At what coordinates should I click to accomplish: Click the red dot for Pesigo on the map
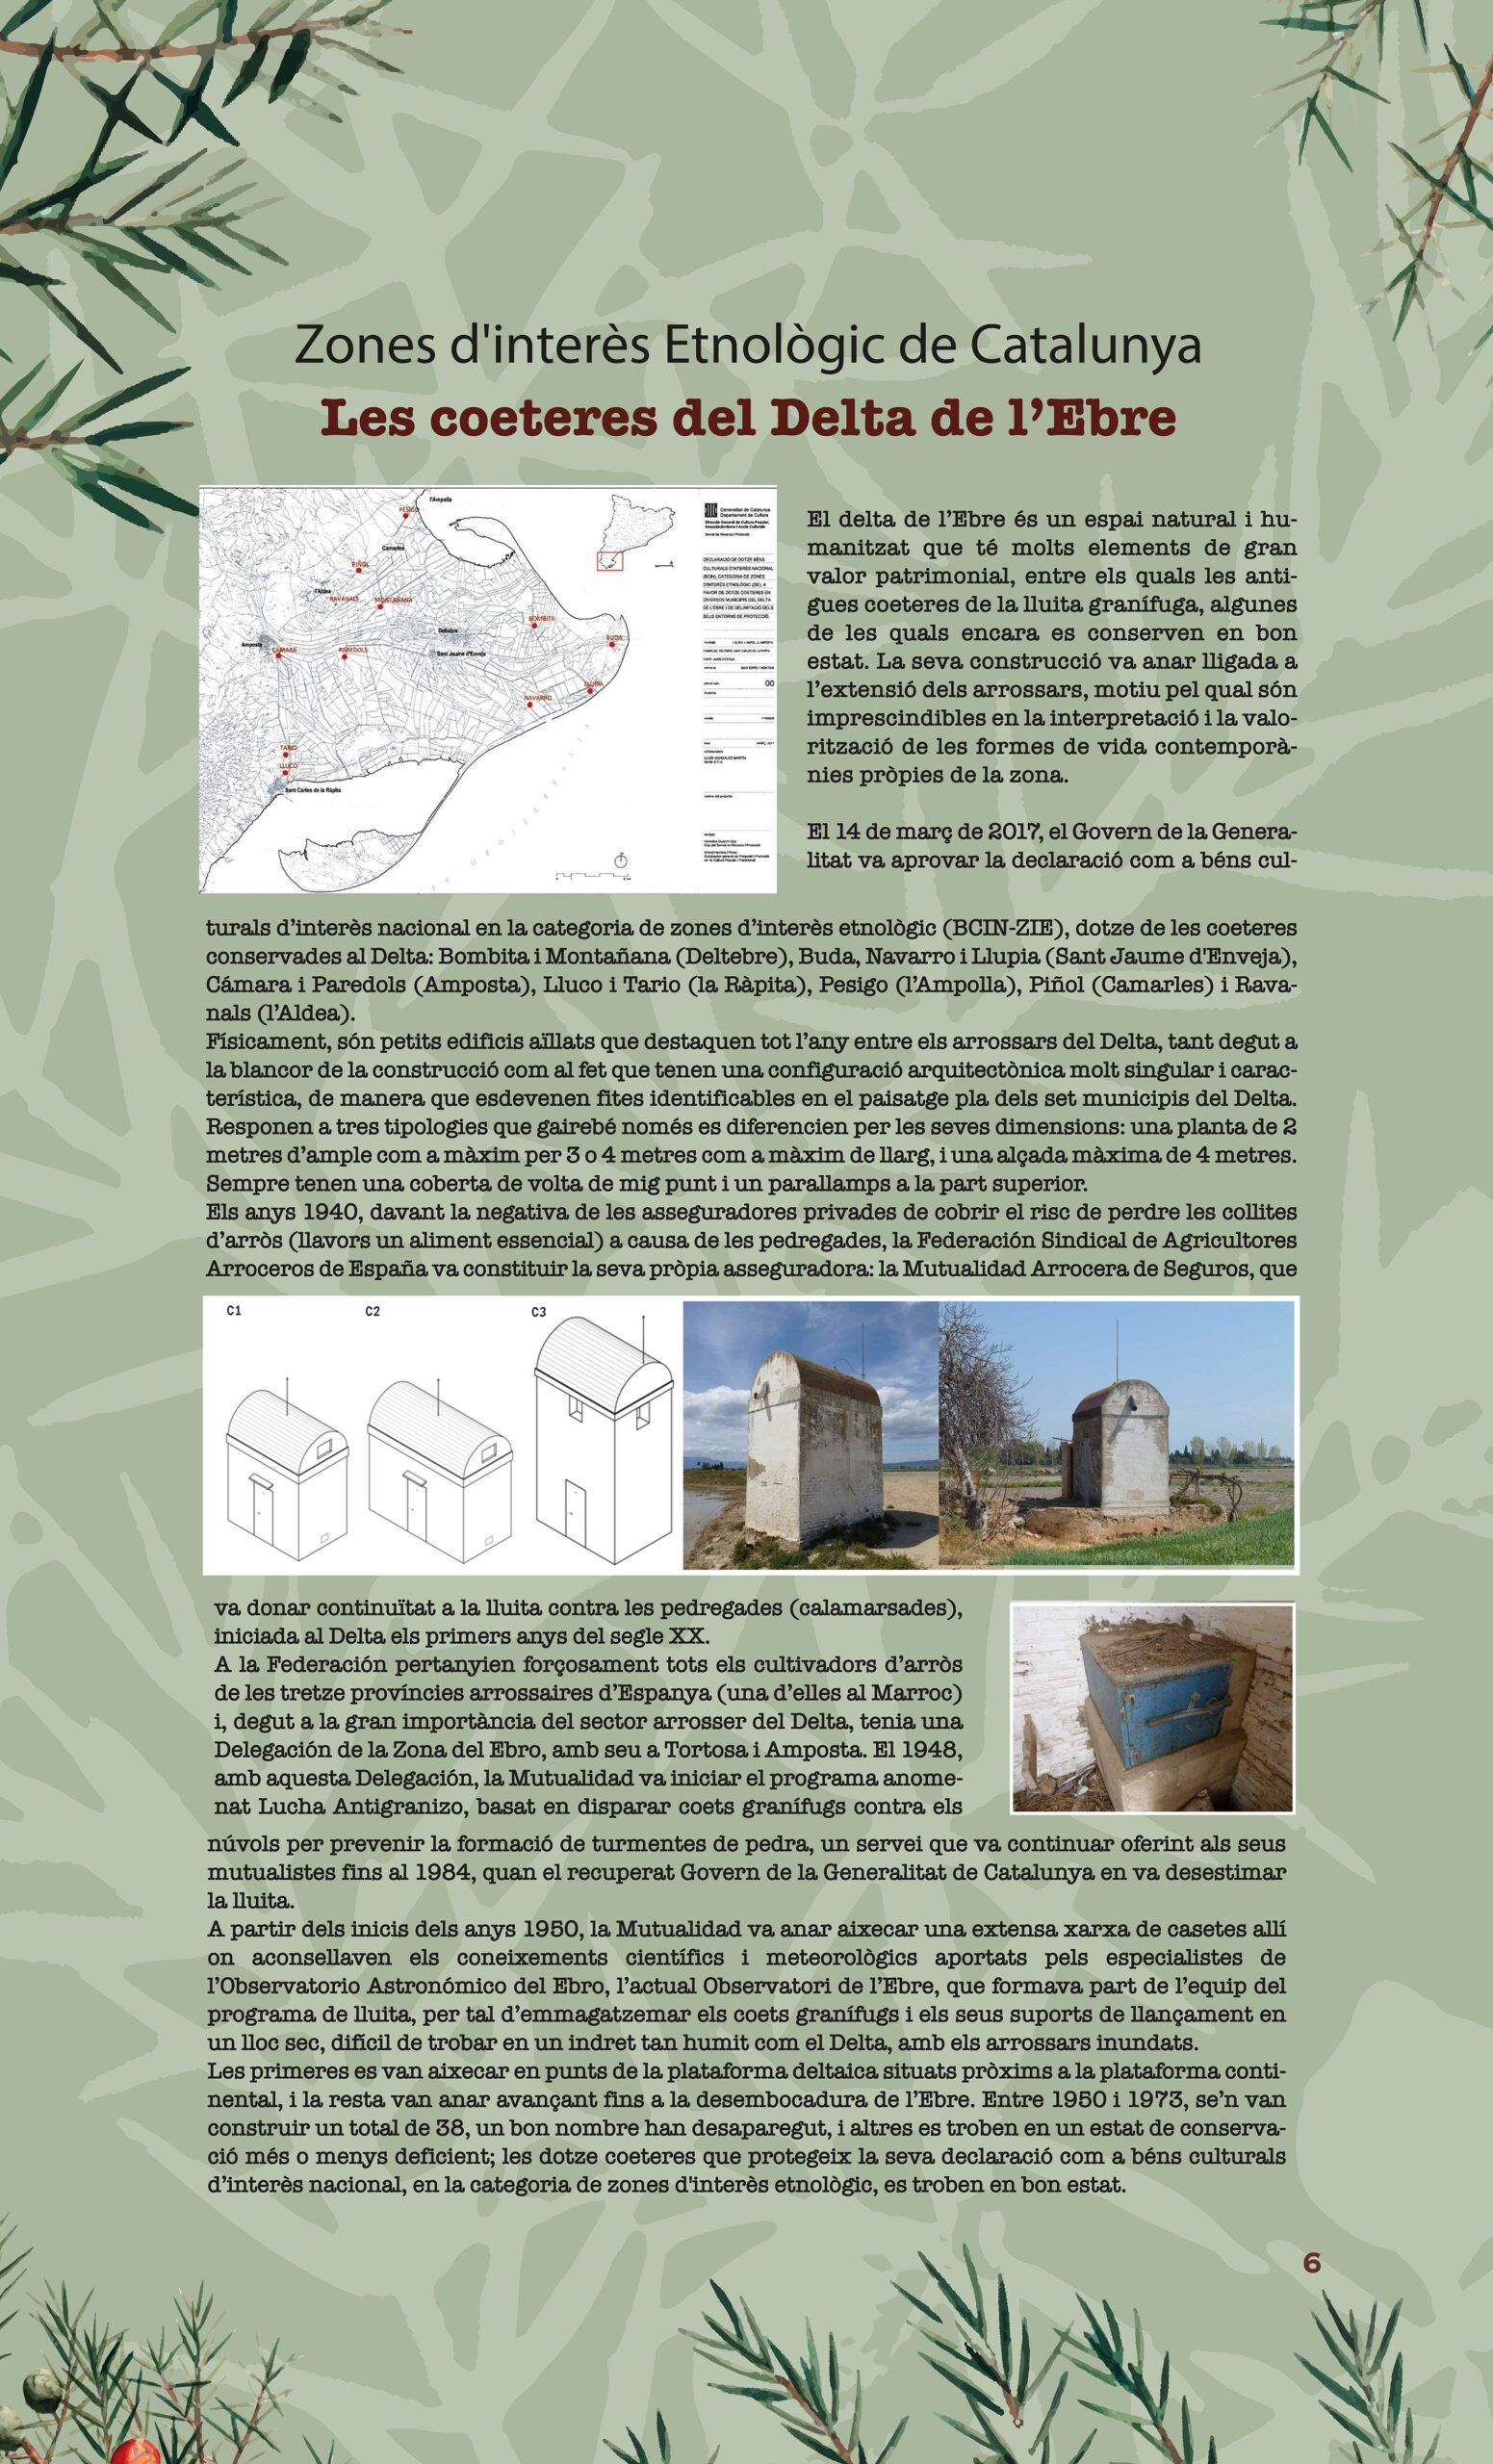[409, 516]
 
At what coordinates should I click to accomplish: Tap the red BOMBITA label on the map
[541, 619]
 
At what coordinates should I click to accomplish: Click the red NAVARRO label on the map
[537, 697]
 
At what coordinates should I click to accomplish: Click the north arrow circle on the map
[620, 860]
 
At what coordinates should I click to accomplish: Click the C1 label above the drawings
[234, 1310]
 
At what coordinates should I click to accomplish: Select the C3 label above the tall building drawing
[539, 1312]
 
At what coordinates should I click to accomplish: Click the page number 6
[1311, 2263]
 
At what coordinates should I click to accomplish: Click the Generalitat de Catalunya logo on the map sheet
[712, 509]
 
